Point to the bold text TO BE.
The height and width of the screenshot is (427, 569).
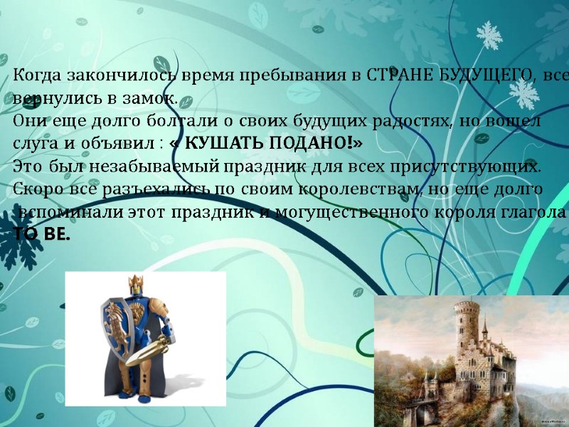pos(42,234)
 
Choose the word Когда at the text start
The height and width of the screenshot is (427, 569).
pos(38,75)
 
